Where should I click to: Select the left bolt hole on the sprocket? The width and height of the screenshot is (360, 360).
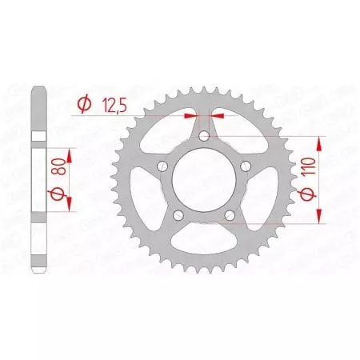coord(163,166)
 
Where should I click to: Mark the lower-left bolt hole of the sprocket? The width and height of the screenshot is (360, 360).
coord(179,215)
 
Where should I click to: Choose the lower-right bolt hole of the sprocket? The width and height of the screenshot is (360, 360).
coord(230,215)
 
